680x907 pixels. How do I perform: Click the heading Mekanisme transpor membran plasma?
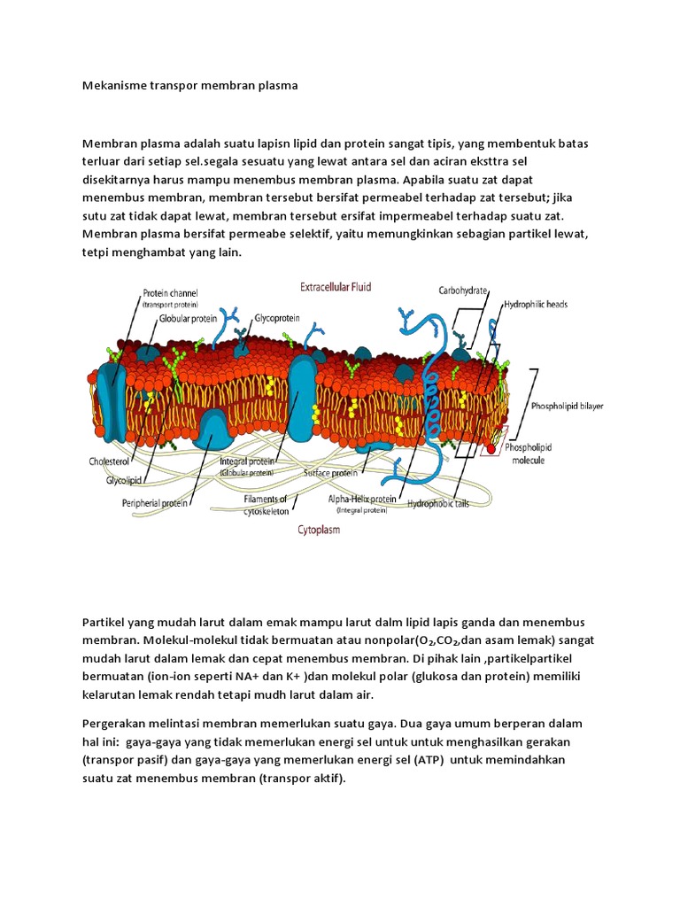(190, 86)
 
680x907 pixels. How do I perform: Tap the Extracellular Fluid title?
(336, 286)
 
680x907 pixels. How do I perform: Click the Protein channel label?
(170, 293)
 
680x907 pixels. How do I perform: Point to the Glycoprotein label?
(279, 316)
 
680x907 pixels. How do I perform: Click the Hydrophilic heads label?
(536, 304)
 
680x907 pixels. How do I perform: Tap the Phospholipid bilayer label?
(567, 406)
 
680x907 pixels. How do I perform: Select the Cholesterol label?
(109, 461)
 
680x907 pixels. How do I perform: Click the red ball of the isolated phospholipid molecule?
(491, 449)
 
